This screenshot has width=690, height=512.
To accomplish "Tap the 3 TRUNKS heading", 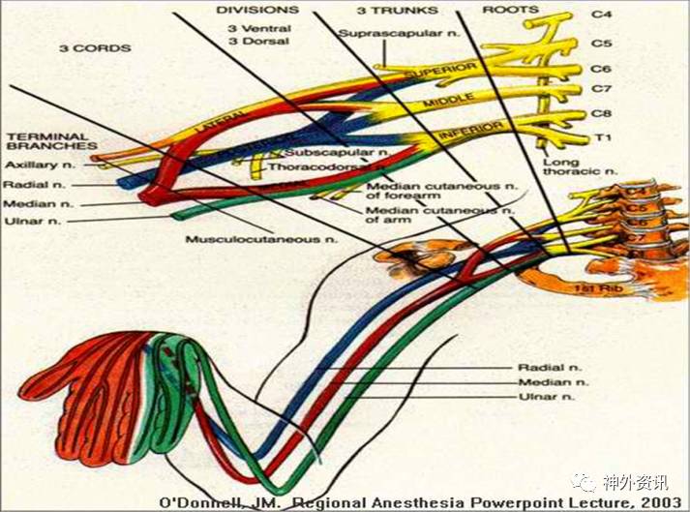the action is [x=397, y=10].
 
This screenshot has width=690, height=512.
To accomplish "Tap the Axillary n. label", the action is [x=35, y=166].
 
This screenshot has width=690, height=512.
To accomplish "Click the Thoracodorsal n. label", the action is [x=314, y=166].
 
